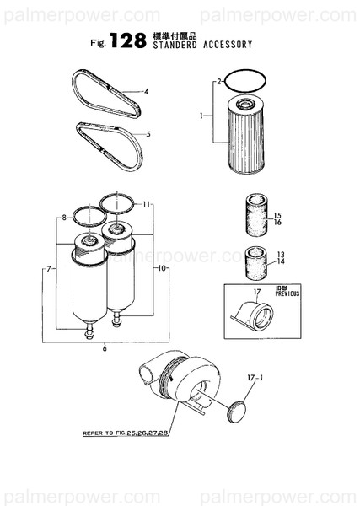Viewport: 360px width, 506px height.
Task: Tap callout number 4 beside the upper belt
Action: pyautogui.click(x=146, y=91)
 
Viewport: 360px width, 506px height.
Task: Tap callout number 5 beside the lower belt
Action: pyautogui.click(x=148, y=134)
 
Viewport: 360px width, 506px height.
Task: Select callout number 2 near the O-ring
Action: pyautogui.click(x=218, y=82)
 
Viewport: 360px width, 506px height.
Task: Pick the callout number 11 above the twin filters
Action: pyautogui.click(x=146, y=205)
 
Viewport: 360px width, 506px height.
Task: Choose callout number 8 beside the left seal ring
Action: pyautogui.click(x=63, y=218)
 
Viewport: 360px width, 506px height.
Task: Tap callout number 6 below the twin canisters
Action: pyautogui.click(x=104, y=347)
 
